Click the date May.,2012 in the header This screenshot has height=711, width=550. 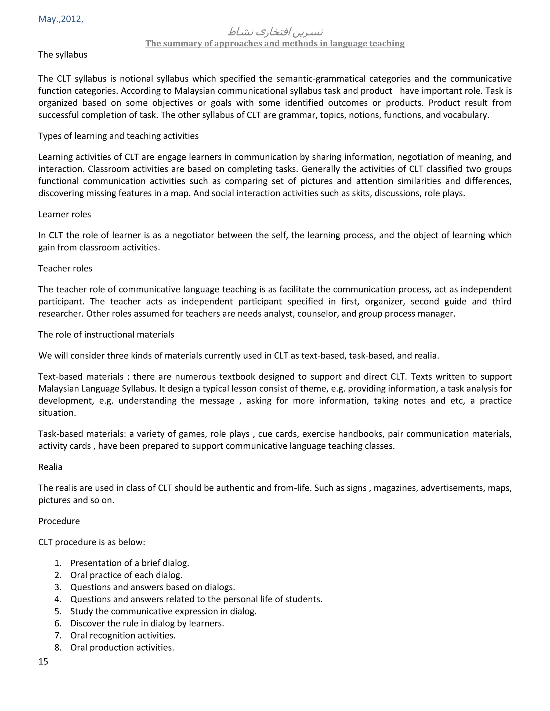tap(61, 19)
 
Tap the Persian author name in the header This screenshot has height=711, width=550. tap(275, 32)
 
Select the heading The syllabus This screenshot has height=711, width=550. tap(63, 55)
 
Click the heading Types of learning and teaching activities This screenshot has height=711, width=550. tap(118, 136)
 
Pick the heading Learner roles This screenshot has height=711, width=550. tap(64, 214)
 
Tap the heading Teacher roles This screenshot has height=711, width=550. tap(65, 269)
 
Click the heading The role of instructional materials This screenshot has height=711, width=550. tap(106, 335)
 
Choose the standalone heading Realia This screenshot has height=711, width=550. tap(50, 467)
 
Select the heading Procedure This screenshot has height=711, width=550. tap(59, 521)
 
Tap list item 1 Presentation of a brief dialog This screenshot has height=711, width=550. tap(130, 563)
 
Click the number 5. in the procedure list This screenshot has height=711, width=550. tap(58, 611)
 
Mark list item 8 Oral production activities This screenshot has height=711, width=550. tap(122, 647)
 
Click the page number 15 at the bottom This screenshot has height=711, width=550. tap(43, 662)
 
